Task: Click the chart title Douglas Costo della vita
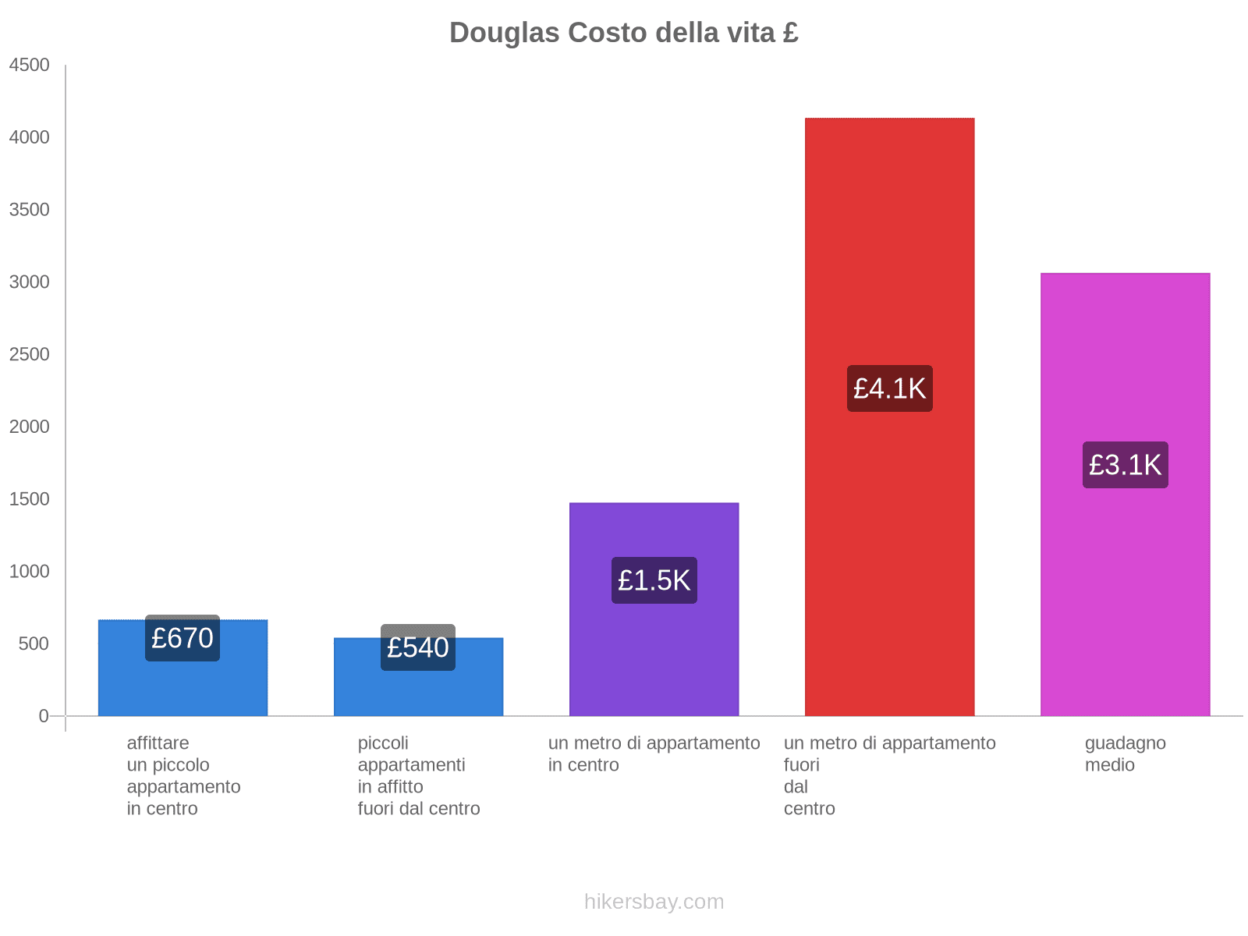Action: (x=623, y=33)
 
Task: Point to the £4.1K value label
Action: (x=889, y=388)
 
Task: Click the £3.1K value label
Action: (x=1125, y=465)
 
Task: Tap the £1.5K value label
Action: (x=654, y=580)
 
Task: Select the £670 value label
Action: (x=183, y=638)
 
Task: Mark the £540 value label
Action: (x=418, y=647)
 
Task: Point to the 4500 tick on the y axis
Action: (x=30, y=65)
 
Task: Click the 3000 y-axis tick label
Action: (x=30, y=282)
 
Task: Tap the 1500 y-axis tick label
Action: (x=30, y=498)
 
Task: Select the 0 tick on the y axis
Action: (x=44, y=715)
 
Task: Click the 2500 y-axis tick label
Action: (x=30, y=354)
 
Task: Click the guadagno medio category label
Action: (x=1125, y=753)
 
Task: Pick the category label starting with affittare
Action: (x=183, y=775)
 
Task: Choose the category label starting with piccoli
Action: (x=418, y=775)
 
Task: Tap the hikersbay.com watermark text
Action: (x=654, y=902)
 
